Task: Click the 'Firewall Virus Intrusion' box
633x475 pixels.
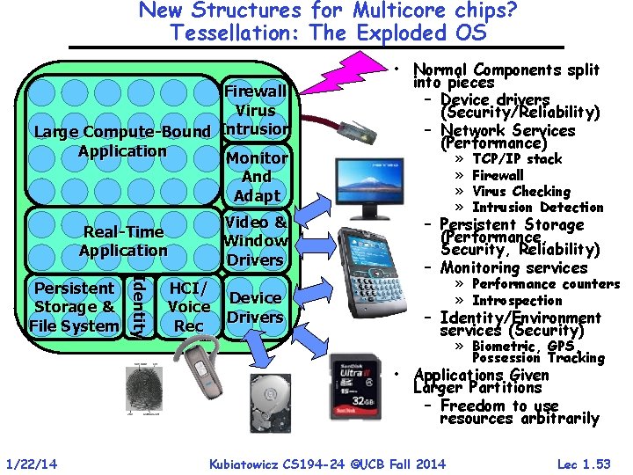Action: [x=255, y=110]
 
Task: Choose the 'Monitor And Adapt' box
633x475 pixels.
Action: [x=256, y=177]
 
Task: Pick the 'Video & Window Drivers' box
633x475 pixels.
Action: [x=255, y=241]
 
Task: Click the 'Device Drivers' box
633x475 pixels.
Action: [x=255, y=307]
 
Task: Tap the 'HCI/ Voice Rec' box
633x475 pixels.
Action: [x=188, y=307]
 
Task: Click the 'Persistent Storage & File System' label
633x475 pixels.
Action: [x=74, y=307]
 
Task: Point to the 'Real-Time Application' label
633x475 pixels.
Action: [x=123, y=241]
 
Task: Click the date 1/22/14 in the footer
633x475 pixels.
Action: [x=31, y=464]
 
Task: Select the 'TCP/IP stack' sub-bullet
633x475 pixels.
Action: [x=516, y=159]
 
